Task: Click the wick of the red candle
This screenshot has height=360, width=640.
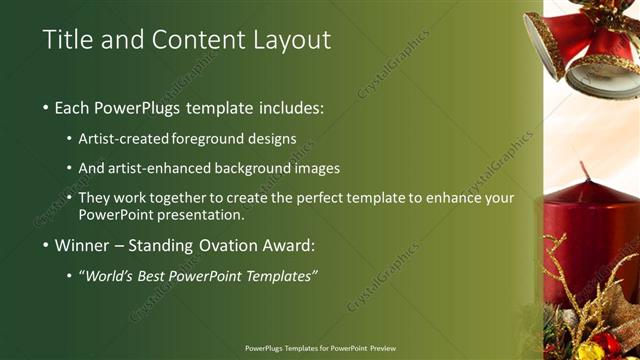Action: pos(585,171)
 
